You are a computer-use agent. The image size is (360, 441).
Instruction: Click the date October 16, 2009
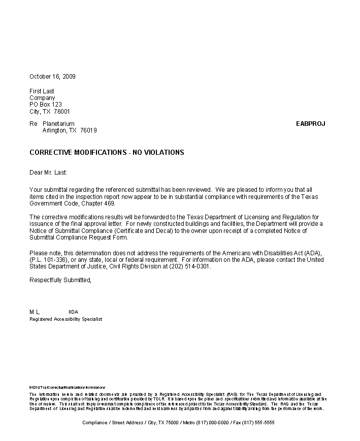click(52, 77)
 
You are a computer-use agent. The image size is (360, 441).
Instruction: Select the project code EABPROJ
click(310, 124)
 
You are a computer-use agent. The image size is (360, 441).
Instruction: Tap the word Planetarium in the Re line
click(58, 124)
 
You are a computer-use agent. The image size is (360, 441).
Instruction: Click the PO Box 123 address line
click(46, 105)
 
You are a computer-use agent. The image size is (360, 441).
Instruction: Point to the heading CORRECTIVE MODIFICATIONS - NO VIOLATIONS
click(107, 152)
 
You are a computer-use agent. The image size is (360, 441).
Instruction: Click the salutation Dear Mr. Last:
click(48, 173)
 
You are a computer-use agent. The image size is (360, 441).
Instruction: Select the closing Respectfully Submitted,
click(60, 280)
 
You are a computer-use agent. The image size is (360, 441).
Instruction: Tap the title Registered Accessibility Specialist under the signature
click(66, 319)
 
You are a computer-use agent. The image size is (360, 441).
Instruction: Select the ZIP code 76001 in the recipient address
click(62, 112)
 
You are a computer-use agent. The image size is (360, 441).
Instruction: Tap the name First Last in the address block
click(42, 91)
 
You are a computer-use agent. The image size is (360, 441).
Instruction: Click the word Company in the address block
click(42, 98)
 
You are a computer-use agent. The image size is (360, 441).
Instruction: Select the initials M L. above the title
click(35, 312)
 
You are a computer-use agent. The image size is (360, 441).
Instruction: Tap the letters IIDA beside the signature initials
click(73, 312)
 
